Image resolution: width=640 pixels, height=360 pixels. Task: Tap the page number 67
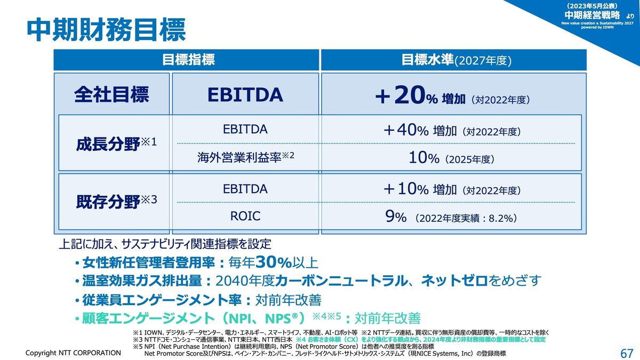point(627,354)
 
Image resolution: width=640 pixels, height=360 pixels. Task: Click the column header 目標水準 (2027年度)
point(456,60)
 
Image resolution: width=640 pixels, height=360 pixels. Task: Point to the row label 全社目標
point(111,94)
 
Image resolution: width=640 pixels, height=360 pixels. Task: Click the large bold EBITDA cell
point(244,94)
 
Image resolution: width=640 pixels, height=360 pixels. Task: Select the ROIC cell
point(245,216)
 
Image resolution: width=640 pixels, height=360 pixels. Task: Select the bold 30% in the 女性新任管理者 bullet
point(273,262)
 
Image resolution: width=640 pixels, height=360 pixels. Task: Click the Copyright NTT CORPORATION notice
point(74,353)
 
